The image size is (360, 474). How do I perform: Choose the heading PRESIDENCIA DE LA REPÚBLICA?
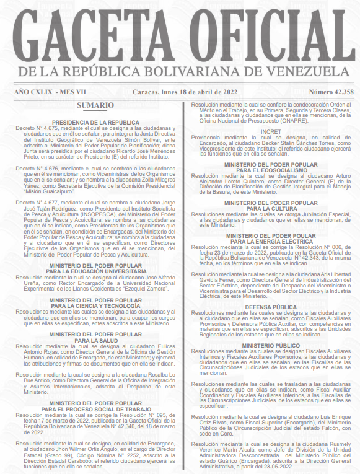pyautogui.click(x=96, y=123)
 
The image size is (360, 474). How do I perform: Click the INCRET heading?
pyautogui.click(x=271, y=132)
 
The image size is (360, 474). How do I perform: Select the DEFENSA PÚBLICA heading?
pyautogui.click(x=271, y=306)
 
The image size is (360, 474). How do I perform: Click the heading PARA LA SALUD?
pyautogui.click(x=96, y=340)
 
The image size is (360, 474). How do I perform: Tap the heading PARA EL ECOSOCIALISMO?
pyautogui.click(x=271, y=170)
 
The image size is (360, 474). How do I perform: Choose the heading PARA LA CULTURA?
pyautogui.click(x=271, y=208)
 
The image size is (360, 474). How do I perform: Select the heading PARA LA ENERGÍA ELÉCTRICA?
pyautogui.click(x=271, y=241)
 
